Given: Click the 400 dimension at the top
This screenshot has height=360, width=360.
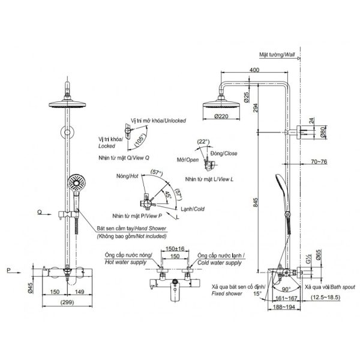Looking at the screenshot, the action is click(254, 70).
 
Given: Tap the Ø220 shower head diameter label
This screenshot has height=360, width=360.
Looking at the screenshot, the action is click(221, 116).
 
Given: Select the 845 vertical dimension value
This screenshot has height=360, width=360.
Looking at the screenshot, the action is click(256, 203).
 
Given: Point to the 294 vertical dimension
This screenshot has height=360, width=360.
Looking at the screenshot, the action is click(256, 108).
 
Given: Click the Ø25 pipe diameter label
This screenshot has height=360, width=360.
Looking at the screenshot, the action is click(247, 97).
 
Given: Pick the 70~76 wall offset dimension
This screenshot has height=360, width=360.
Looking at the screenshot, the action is click(319, 161).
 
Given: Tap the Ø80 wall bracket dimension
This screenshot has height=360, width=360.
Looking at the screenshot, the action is click(323, 133).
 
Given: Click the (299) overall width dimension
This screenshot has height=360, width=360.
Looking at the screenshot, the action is click(67, 302).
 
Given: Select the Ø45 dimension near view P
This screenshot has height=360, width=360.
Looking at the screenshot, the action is click(31, 288).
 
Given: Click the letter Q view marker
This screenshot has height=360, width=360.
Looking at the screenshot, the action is click(40, 212).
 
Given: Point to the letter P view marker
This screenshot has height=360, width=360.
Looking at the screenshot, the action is click(9, 271).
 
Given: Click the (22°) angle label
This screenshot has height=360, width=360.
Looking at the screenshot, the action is click(203, 142).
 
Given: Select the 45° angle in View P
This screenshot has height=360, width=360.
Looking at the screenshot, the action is click(168, 194).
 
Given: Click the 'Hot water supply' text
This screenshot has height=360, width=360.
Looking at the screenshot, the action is click(125, 262).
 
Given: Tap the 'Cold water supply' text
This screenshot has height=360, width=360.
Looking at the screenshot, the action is click(220, 263).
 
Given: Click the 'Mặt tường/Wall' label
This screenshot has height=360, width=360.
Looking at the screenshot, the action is click(277, 55).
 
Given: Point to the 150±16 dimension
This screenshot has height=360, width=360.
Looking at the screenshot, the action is click(175, 248).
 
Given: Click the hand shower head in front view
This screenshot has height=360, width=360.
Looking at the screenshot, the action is click(77, 182).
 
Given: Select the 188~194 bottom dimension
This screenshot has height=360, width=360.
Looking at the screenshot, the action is click(284, 307).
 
